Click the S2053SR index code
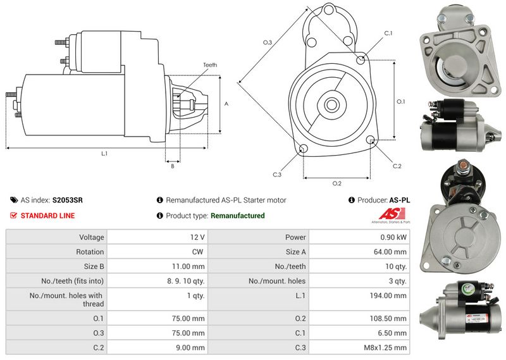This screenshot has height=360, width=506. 67,200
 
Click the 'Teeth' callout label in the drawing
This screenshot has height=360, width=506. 210,65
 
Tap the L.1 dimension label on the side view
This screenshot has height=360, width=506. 104,154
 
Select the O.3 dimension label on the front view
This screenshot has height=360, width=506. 267,42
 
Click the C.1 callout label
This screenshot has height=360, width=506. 388,33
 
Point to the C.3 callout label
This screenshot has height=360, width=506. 277,175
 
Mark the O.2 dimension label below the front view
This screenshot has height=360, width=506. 337,183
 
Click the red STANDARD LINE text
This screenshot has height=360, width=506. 47,216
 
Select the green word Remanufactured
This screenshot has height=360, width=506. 237,216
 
